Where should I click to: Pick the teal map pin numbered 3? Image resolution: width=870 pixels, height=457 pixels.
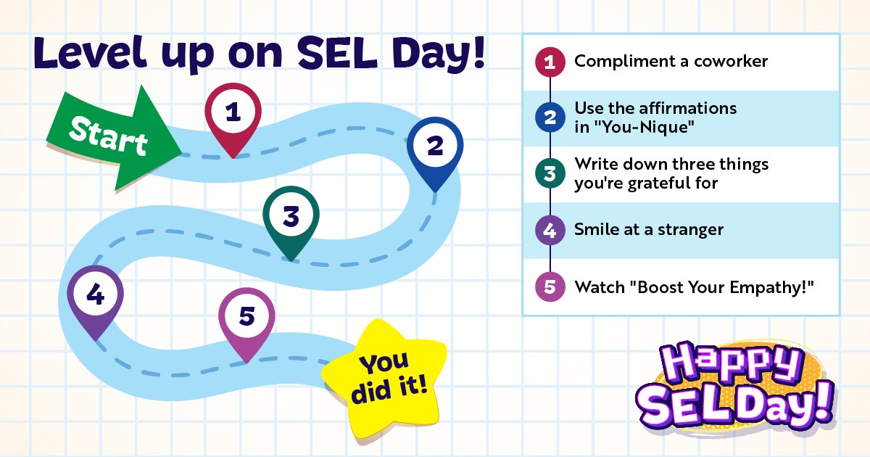[291, 217]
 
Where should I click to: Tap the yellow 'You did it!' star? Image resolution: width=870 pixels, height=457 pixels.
[384, 377]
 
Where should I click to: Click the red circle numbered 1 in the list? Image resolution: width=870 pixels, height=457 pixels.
[550, 62]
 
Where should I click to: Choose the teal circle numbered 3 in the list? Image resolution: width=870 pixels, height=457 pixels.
[550, 174]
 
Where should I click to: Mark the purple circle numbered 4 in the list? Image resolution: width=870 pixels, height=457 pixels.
[550, 231]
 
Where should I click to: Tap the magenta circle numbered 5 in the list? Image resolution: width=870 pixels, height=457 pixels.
[550, 287]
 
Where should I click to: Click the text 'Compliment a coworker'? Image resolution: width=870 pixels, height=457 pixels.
[671, 62]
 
